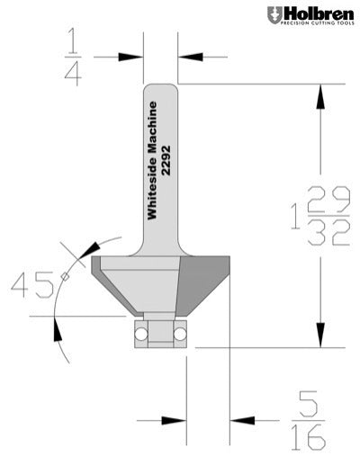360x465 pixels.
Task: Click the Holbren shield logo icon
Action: point(274,15)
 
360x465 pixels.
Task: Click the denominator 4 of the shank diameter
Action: point(73,75)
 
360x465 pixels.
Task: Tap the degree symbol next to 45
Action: point(64,276)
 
